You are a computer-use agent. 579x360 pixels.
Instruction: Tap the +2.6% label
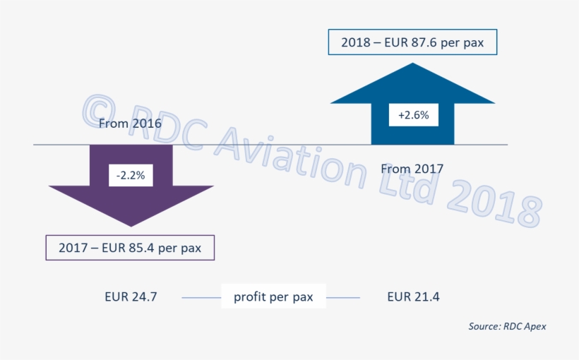[413, 114]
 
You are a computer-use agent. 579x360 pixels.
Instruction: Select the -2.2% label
[131, 176]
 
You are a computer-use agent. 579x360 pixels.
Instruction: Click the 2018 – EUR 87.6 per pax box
[412, 42]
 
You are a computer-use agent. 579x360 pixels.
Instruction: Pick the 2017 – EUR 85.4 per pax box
[130, 248]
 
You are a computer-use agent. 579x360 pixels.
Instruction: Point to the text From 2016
[130, 124]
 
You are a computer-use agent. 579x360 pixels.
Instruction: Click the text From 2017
[412, 169]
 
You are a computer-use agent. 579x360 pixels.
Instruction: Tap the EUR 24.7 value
[131, 297]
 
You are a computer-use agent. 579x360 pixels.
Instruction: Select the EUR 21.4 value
[413, 297]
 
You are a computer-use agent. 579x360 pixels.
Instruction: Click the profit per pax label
[273, 297]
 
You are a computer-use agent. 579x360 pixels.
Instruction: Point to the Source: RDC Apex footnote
[507, 326]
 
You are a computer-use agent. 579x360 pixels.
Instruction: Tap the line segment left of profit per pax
[201, 298]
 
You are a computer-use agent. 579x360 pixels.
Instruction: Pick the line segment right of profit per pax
[343, 298]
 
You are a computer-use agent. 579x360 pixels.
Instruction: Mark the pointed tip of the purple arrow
[131, 225]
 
